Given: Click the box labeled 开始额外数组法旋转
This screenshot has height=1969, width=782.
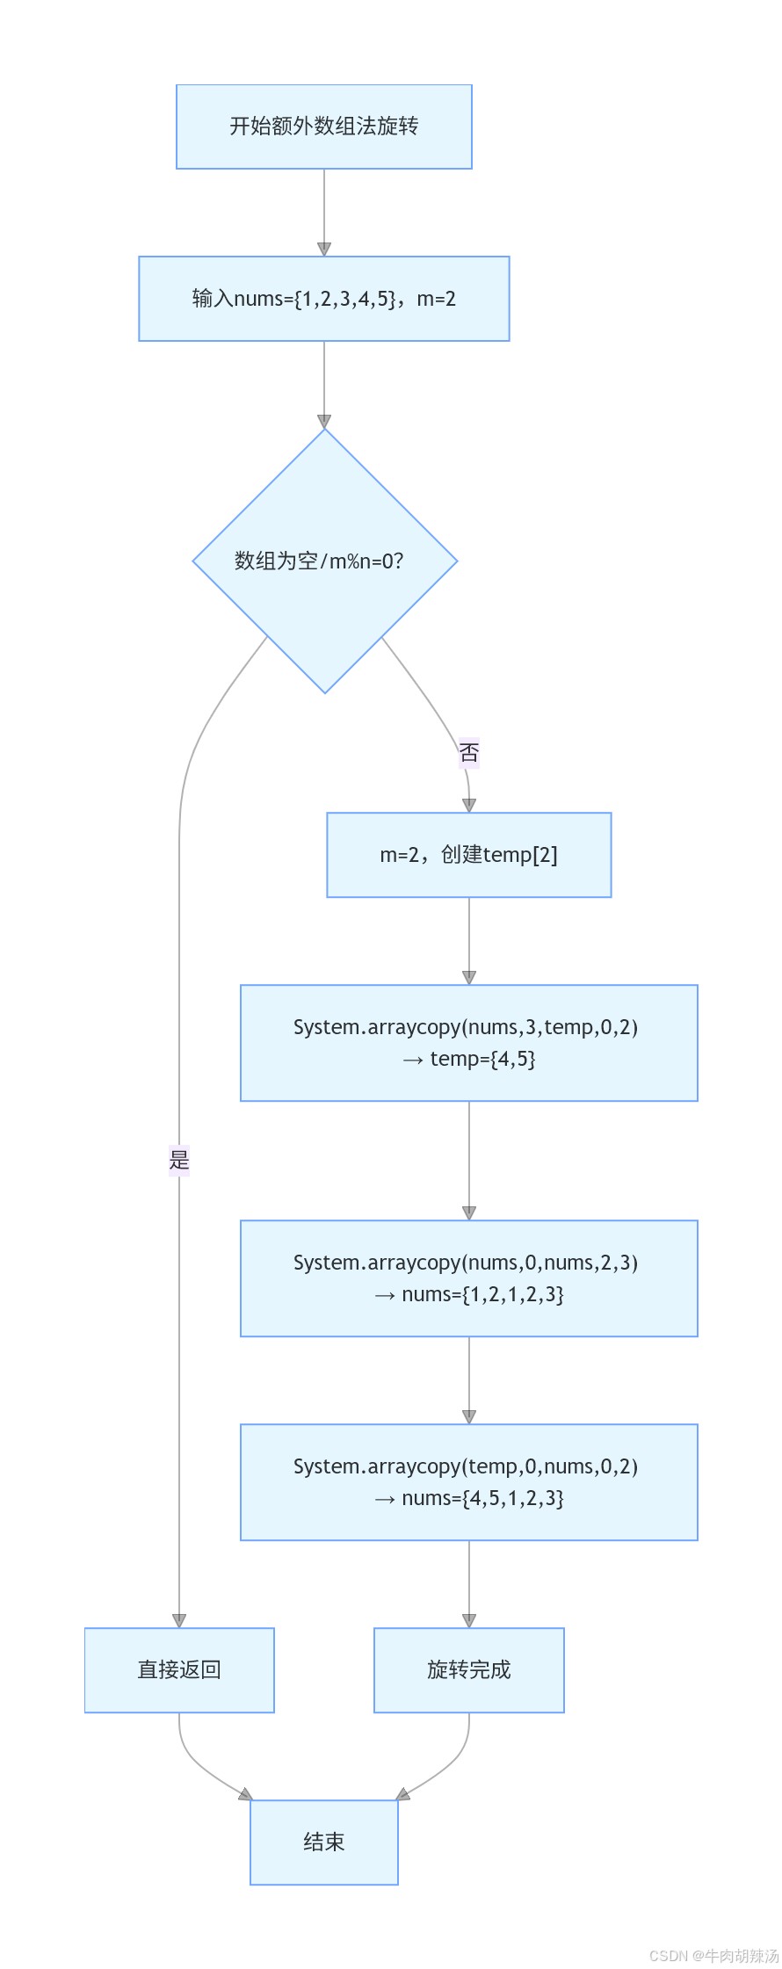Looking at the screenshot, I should click(323, 127).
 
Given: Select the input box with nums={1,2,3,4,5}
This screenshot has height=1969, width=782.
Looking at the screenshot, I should click(323, 299).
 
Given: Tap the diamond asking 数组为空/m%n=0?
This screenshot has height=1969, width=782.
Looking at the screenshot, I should click(324, 561).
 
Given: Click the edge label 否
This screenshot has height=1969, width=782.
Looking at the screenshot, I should click(469, 752).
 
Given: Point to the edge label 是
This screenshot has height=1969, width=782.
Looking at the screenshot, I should click(179, 1160).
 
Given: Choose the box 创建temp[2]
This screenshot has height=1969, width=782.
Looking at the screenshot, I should click(468, 855).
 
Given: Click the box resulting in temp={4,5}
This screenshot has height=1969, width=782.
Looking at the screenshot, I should click(468, 1043).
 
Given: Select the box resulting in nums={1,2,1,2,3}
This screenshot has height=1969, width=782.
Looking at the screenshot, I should click(468, 1278).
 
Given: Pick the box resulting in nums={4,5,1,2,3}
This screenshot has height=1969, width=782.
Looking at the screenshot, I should click(468, 1482).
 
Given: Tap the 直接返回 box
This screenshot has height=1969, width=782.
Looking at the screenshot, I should click(179, 1669).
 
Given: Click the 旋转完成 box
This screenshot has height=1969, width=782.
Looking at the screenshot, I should click(468, 1669).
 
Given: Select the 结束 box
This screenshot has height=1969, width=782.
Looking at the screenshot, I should click(323, 1842).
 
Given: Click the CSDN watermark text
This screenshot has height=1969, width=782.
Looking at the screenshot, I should click(713, 1956).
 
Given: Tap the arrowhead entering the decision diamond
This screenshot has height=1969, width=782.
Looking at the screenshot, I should click(324, 422).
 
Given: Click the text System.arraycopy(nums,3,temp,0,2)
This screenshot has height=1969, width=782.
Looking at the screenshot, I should click(466, 1027).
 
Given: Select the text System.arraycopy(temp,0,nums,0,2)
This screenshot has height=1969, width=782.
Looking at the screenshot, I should click(466, 1466).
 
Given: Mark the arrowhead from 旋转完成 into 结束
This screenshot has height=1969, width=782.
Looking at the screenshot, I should click(403, 1794).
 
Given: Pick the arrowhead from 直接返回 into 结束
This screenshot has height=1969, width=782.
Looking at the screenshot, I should click(245, 1794).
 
